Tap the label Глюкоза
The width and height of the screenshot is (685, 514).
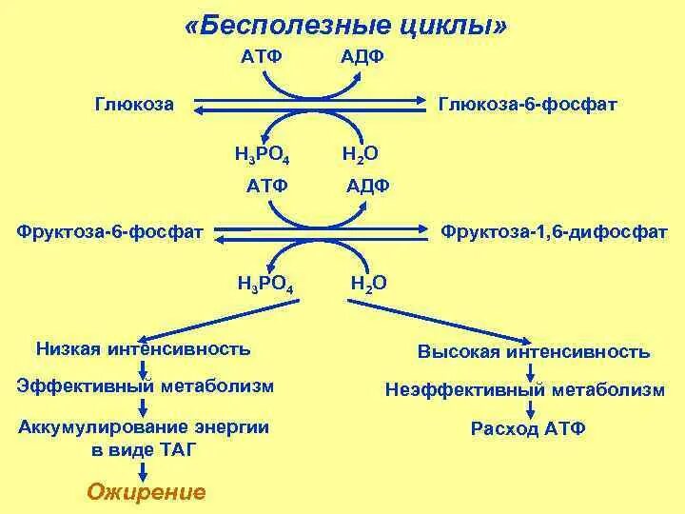pos(134,104)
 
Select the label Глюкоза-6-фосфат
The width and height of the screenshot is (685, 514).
pos(527,104)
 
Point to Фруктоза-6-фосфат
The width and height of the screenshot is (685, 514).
pos(110,231)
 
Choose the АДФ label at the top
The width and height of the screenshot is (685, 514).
pos(362,57)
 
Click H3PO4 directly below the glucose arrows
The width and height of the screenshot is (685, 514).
pos(262,154)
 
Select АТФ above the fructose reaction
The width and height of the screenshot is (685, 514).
pos(266,185)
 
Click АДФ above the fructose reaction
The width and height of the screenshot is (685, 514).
pos(367,185)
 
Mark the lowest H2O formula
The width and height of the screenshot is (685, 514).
pos(368,283)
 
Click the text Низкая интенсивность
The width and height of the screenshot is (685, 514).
pos(143,348)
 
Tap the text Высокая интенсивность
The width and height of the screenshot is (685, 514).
pos(534,352)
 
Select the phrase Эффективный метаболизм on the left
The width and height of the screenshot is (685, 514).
pos(146,385)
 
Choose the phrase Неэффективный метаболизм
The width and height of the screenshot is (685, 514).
pos(525,390)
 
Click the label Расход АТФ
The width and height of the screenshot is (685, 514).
pos(528,428)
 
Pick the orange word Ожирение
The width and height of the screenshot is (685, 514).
pos(146,492)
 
